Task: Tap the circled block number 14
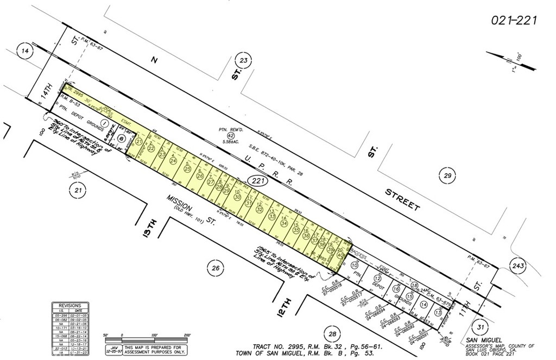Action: pyautogui.click(x=24, y=50)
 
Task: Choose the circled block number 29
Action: pyautogui.click(x=447, y=174)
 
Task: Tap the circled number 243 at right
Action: pyautogui.click(x=519, y=265)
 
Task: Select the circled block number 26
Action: pyautogui.click(x=215, y=268)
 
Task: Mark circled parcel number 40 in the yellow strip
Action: pyautogui.click(x=340, y=255)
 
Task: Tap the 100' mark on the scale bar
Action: pyautogui.click(x=154, y=336)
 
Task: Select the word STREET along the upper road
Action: pyautogui.click(x=402, y=200)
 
